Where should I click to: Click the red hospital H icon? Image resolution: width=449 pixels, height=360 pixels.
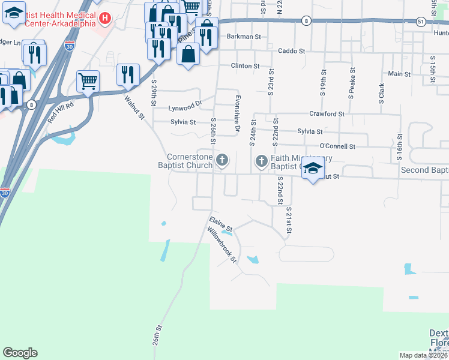pos(106,19)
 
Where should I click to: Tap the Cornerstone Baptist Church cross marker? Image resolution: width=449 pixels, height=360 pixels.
pos(222,160)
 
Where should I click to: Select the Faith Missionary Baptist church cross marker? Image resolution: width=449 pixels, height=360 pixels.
pos(261,161)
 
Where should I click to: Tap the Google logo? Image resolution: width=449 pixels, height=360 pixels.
pos(20,353)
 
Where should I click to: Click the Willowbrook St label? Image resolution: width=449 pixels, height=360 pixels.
pos(222,244)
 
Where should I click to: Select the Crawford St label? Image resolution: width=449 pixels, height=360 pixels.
pos(327,113)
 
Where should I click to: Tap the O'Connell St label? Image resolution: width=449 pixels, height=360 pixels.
pos(337,146)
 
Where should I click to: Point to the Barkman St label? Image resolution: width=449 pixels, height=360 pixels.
pos(244,37)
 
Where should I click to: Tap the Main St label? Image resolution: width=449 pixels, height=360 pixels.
pos(399,74)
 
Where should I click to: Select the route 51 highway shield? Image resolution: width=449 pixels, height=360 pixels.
pos(422,21)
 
